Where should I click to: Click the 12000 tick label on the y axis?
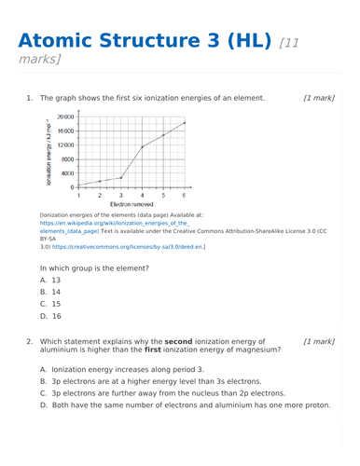(x=65, y=145)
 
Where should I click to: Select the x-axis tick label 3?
(x=120, y=195)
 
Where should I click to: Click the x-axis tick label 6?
(x=184, y=195)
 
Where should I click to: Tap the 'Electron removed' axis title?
(x=131, y=203)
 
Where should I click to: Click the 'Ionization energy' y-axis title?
(x=48, y=152)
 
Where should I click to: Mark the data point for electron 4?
(x=142, y=146)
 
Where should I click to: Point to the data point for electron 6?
(x=184, y=123)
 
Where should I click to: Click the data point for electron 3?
(x=120, y=177)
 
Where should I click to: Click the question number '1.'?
(x=30, y=98)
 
